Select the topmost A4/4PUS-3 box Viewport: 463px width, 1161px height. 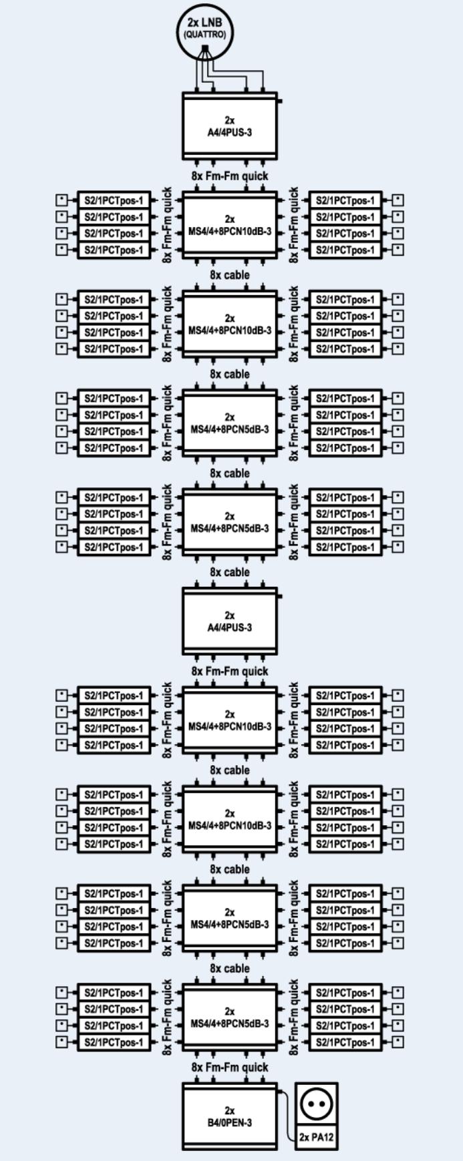click(x=230, y=126)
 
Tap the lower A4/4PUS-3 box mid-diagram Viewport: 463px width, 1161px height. click(x=230, y=622)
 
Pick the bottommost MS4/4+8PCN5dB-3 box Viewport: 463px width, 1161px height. click(x=230, y=1017)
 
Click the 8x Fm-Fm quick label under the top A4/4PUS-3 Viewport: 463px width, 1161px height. click(x=230, y=176)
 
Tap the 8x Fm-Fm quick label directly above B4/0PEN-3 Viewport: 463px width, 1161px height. click(x=230, y=1068)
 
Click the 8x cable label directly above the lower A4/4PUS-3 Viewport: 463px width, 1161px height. click(x=230, y=572)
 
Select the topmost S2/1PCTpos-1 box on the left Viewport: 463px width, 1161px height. click(x=114, y=200)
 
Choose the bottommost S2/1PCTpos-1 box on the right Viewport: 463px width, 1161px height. click(x=345, y=1042)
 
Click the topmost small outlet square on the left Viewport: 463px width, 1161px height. click(x=62, y=200)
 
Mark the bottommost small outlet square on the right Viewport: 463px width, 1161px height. click(x=398, y=1042)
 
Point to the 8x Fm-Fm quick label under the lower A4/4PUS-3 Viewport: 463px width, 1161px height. click(x=230, y=671)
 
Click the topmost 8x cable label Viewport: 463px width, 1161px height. click(x=230, y=275)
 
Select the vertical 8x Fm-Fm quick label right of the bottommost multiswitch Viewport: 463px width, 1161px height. click(x=293, y=1017)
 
